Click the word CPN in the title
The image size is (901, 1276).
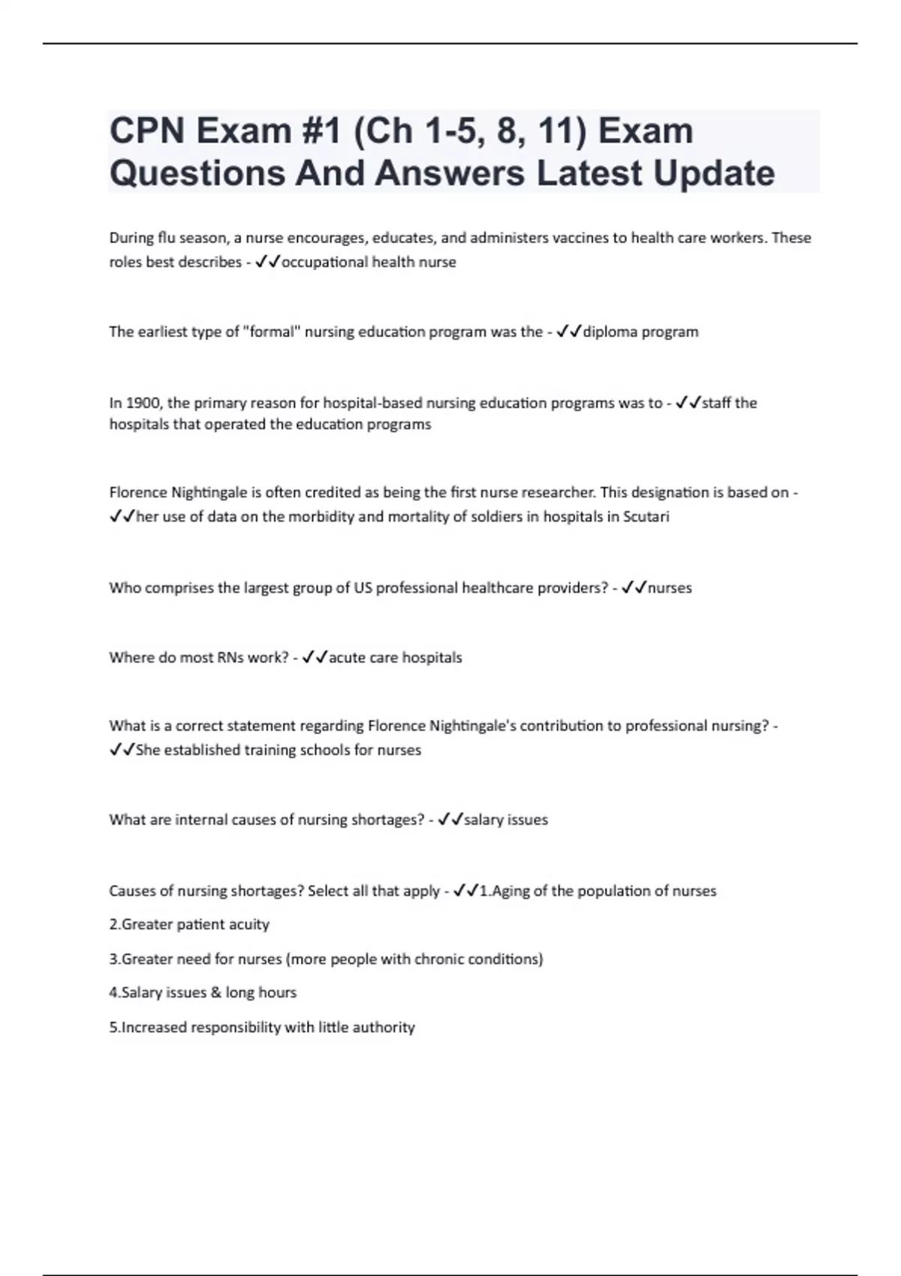click(147, 131)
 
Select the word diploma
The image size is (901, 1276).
click(610, 332)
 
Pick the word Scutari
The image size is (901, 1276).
click(646, 516)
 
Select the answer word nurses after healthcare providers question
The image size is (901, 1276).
click(670, 588)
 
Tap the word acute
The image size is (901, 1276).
click(347, 658)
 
